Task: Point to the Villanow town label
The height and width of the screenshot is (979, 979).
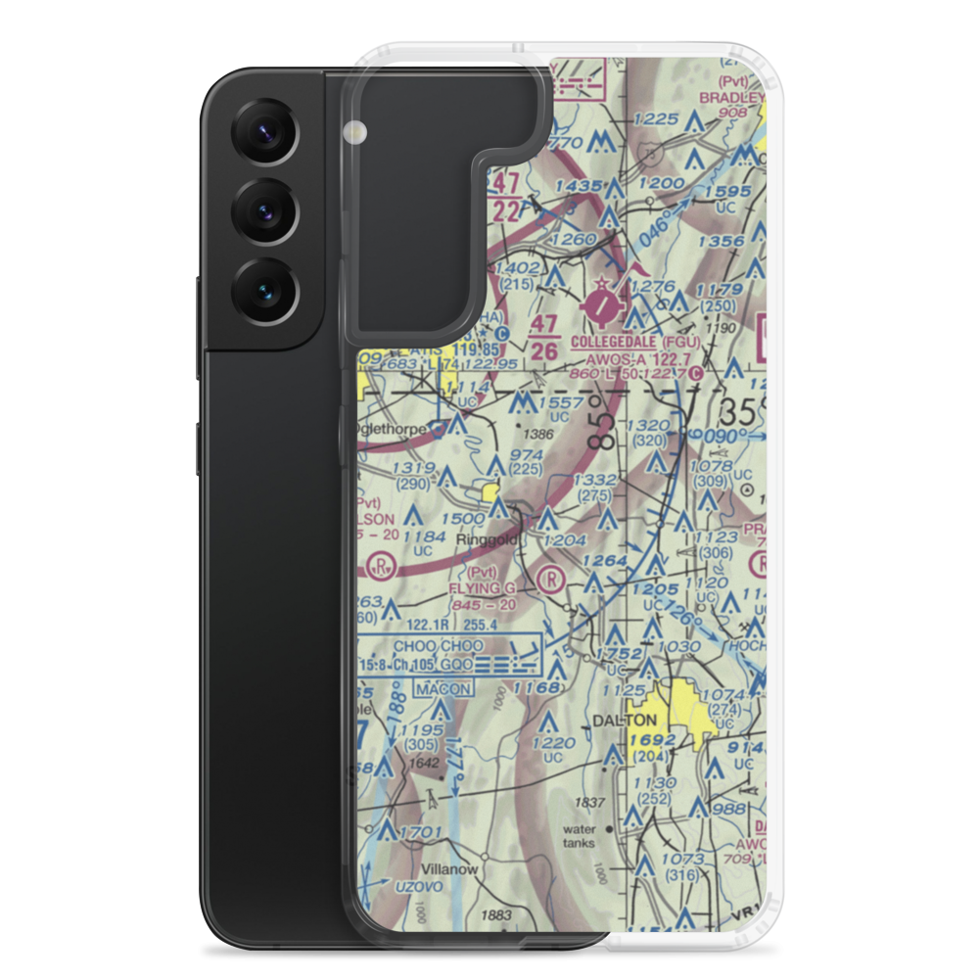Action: tap(449, 868)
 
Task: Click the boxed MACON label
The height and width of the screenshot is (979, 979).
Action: tap(443, 689)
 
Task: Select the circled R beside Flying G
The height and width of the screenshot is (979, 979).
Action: tap(552, 578)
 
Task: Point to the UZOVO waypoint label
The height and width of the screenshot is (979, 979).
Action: tap(396, 886)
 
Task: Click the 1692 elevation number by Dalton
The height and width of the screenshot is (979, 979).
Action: tap(654, 741)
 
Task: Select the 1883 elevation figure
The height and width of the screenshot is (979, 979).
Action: tap(497, 915)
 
